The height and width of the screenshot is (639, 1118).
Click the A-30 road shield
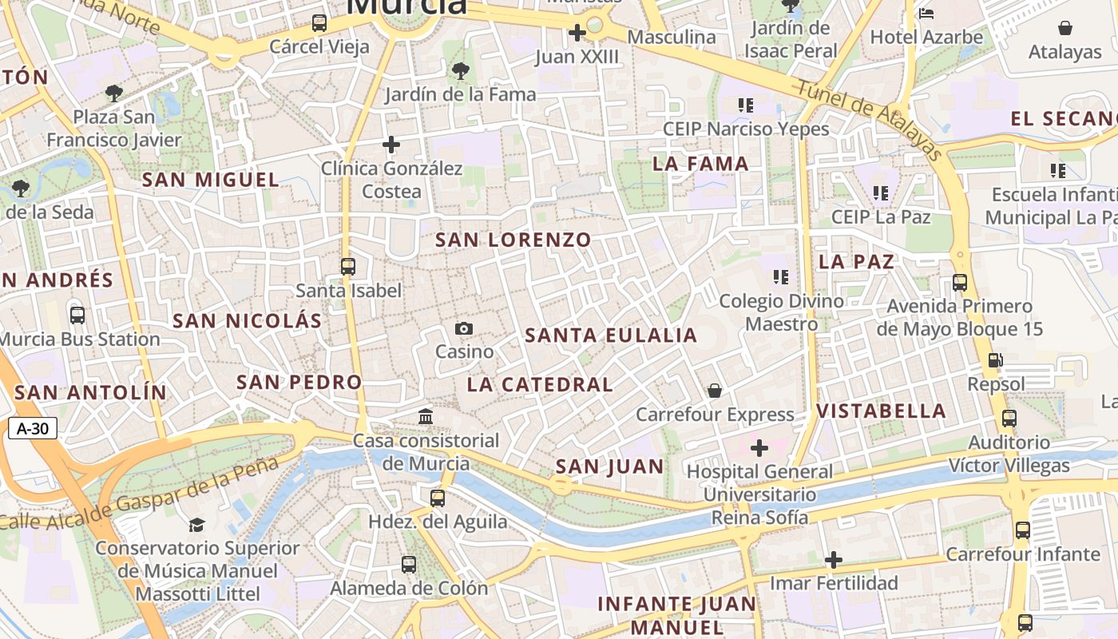33,429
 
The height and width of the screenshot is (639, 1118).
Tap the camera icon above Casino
464,328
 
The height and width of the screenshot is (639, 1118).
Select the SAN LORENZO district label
513,240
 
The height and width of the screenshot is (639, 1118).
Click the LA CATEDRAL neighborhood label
540,384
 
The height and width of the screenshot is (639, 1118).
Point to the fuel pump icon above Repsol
995,360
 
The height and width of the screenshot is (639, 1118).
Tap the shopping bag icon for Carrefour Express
715,391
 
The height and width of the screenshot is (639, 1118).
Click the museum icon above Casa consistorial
426,416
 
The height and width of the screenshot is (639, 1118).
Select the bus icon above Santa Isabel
348,267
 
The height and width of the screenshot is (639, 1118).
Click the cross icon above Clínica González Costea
391,145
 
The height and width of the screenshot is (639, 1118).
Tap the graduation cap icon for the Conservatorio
196,525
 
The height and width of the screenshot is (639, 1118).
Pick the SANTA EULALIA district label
611,335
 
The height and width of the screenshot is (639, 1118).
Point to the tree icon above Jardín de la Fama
460,71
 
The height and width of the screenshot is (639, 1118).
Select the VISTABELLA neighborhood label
881,411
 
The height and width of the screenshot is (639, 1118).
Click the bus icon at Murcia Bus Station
77,316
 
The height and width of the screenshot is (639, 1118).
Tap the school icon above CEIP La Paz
881,192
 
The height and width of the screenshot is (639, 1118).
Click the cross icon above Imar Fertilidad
834,560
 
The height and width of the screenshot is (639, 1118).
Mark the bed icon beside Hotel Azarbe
926,14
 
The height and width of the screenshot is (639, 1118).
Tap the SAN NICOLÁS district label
248,321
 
